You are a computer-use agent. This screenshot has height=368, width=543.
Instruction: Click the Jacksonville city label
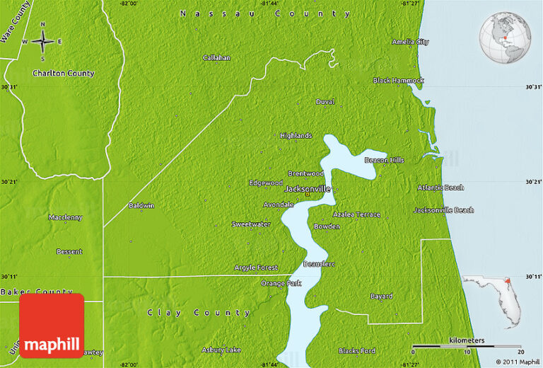coord(307,190)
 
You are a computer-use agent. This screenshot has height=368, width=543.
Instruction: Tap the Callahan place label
coord(217,57)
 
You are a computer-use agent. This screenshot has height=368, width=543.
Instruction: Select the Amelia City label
coord(410,42)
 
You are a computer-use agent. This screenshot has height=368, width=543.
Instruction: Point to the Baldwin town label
coord(141,206)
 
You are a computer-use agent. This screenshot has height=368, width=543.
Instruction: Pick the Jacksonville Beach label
coord(443,210)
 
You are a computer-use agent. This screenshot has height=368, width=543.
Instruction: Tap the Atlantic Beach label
coord(440,188)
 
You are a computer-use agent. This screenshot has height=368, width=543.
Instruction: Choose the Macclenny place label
coord(65,217)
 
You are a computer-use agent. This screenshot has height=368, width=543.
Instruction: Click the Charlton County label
coord(63,73)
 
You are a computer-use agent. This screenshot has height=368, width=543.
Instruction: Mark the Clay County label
coord(199,312)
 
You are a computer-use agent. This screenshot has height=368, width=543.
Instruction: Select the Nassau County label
coord(265,13)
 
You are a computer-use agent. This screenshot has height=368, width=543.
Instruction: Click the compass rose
coord(42,40)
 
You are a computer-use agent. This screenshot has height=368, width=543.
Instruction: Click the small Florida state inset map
coord(494,300)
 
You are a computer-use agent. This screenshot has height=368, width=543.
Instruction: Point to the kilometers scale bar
coord(467,346)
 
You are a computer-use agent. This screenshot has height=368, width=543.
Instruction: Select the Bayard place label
coord(381,296)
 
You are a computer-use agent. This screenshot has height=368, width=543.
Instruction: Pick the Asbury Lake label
coord(221,350)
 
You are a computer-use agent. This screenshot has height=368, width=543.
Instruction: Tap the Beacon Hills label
coord(384,160)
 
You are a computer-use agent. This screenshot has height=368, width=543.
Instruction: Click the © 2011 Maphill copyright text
coord(518,362)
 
